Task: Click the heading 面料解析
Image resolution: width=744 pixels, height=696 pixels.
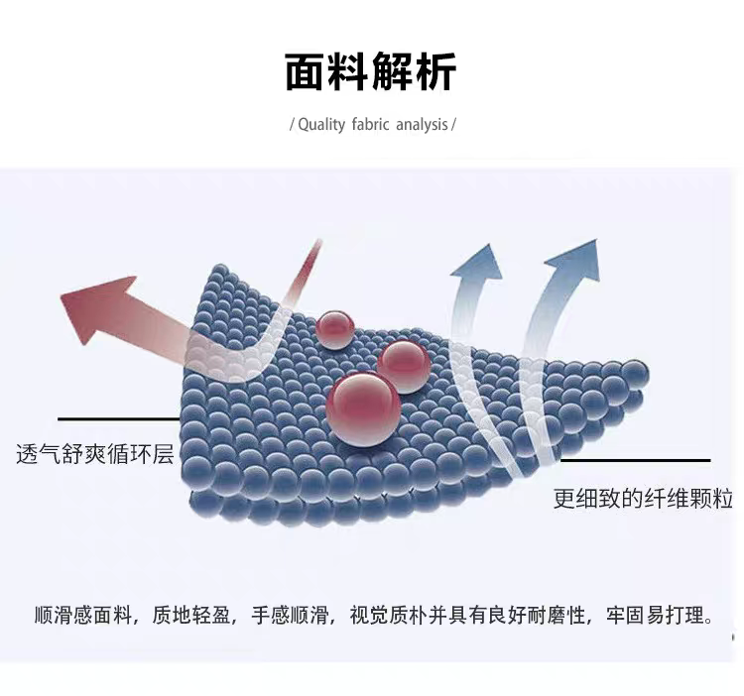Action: [x=371, y=72]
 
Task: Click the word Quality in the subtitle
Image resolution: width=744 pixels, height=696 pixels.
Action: [x=319, y=125]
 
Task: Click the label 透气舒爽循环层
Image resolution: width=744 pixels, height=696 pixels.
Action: [x=95, y=455]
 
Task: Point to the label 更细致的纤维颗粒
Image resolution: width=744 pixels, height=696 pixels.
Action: [x=643, y=499]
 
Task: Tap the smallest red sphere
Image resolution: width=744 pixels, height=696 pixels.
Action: [x=335, y=327]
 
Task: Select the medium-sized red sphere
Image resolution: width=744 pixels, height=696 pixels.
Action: [x=403, y=366]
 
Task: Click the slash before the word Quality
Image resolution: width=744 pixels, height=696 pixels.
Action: [x=292, y=125]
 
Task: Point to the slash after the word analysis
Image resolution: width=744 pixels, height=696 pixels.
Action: [x=453, y=125]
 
